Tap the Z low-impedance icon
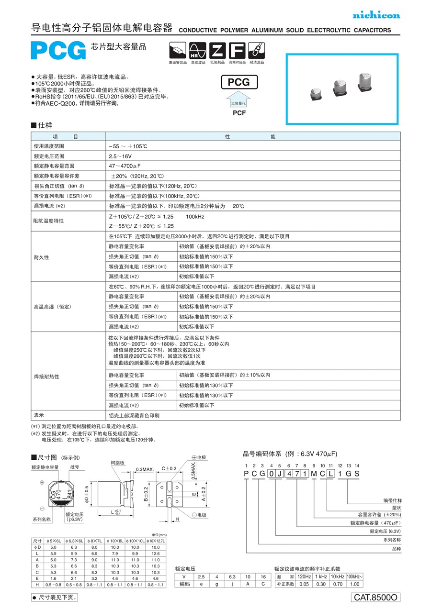coord(217,51)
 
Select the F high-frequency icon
coord(237,51)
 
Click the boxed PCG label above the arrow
coord(238,82)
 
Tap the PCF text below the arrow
coord(239,113)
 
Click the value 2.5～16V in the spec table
coord(120,156)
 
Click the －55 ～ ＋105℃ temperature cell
coord(128,146)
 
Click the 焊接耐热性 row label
coord(46,376)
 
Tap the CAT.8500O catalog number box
coord(375,597)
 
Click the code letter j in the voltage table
coord(232,584)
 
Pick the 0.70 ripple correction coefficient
coord(338,584)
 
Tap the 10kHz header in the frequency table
coord(338,577)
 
